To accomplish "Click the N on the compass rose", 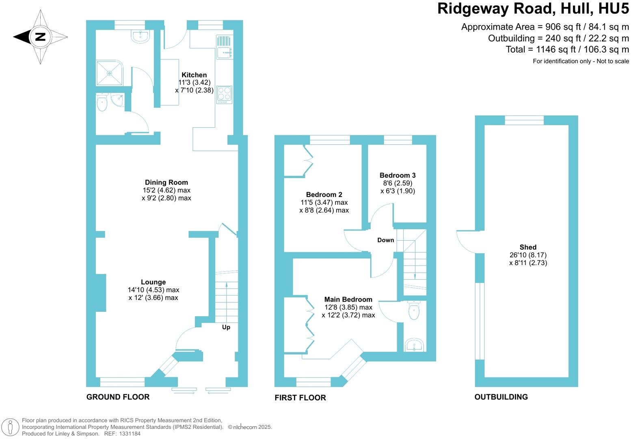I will tap(40, 37).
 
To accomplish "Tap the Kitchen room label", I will tap(194, 75).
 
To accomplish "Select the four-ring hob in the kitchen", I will tap(224, 94).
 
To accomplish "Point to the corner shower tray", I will tap(109, 73).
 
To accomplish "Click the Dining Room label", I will tap(166, 183).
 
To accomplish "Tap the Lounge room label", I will tap(153, 282).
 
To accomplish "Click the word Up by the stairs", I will tap(226, 327).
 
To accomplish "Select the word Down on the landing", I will tap(385, 240).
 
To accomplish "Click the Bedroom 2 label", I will tap(324, 195).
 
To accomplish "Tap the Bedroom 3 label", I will tap(398, 176).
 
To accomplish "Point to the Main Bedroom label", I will tap(348, 300).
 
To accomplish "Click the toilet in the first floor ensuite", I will tap(414, 311).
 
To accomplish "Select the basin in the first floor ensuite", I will tap(414, 346).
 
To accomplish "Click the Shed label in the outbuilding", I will tap(528, 247).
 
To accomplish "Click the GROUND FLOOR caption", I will tap(118, 397).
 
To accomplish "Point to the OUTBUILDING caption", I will tap(501, 397).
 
